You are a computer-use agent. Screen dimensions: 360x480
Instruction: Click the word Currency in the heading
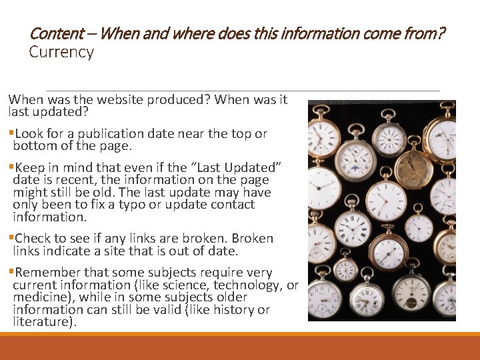tap(61, 52)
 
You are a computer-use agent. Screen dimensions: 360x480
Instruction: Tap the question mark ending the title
tap(441, 33)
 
